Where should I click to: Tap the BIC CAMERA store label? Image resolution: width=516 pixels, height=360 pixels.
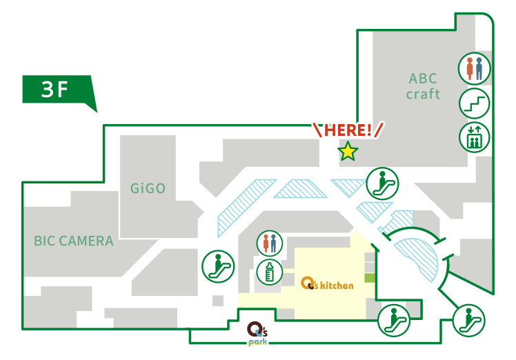pos(74,241)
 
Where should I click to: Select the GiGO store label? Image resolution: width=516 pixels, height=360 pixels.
pos(148,188)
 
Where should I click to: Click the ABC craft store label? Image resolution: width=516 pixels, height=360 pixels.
pos(423,86)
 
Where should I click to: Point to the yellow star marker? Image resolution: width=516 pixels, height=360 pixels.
pos(348,151)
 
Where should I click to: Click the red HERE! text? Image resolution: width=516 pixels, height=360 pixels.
pos(348,130)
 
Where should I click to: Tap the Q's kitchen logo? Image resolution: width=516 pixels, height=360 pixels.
pos(328,283)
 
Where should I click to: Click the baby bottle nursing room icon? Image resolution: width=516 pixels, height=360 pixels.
pos(269,271)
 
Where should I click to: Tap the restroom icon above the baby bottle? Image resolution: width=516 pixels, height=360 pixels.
pos(269,243)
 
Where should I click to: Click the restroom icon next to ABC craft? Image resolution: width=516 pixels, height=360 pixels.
pos(474,69)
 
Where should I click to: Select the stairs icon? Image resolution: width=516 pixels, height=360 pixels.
pos(474,103)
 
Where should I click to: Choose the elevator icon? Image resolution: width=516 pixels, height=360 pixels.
pos(474,137)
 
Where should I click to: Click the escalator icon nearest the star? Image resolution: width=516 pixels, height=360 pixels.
pos(381,183)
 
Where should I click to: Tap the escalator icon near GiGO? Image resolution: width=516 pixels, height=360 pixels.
pos(217,266)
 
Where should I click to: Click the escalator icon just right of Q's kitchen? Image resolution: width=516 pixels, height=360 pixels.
pos(393,319)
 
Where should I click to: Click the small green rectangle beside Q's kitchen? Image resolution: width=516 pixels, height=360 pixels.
pos(369,277)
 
